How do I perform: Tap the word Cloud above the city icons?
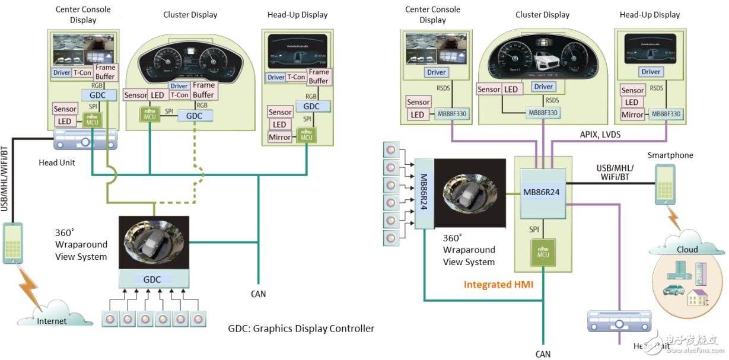tap(687, 249)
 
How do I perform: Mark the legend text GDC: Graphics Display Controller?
tap(301, 328)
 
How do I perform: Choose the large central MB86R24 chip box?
tap(540, 192)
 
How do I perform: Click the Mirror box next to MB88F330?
tap(632, 114)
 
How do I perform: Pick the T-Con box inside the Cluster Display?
tap(179, 95)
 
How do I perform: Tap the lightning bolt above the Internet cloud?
tap(27, 286)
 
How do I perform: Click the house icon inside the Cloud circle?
tap(698, 297)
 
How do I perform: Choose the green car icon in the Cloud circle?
tap(674, 290)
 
